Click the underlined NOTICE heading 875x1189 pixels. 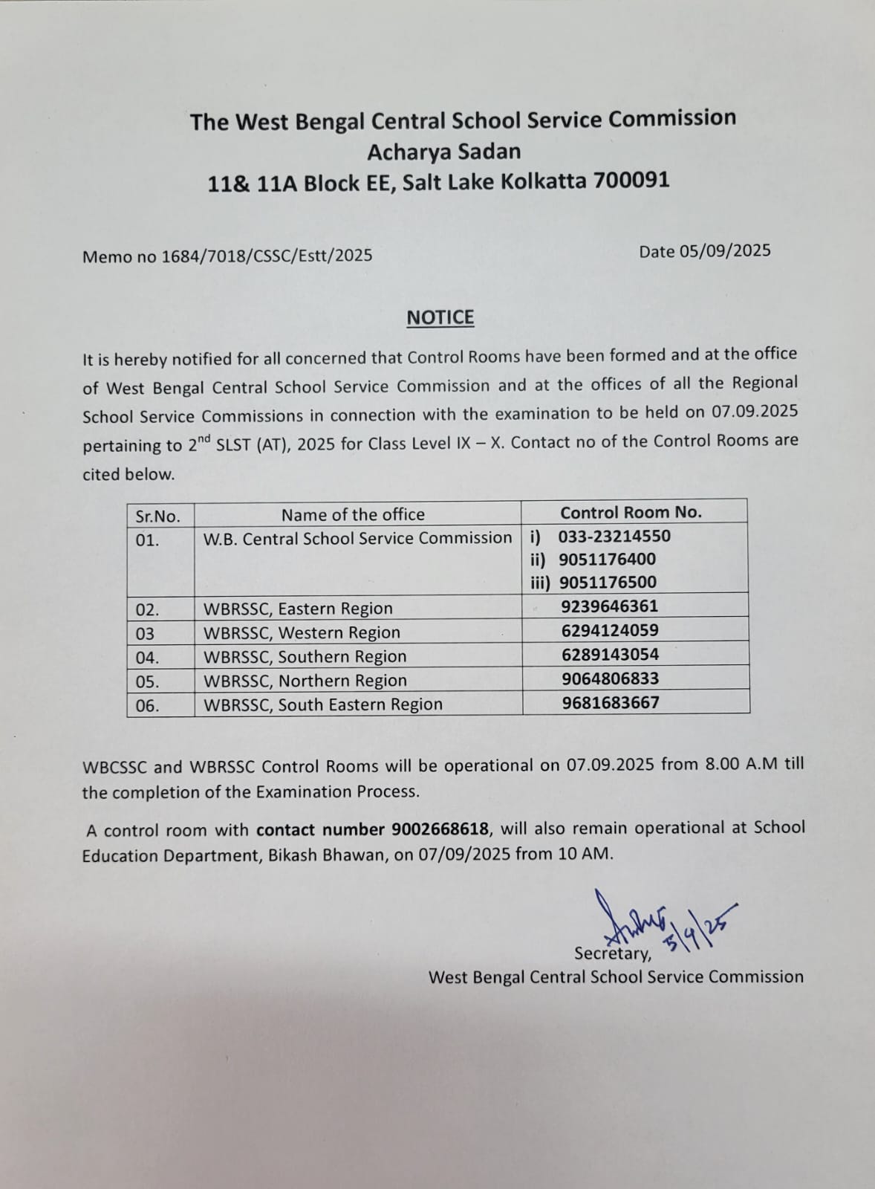click(x=440, y=318)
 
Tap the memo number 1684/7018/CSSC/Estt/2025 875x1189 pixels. click(x=267, y=256)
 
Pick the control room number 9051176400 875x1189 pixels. click(x=608, y=560)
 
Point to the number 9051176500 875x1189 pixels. click(x=608, y=583)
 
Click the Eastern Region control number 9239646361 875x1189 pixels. click(x=610, y=606)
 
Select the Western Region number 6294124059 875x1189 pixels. click(x=610, y=631)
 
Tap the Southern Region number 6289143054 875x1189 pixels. click(x=610, y=655)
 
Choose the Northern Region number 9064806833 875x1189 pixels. click(x=610, y=678)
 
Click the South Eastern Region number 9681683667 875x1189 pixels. click(x=611, y=702)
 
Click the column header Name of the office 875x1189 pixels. click(x=353, y=514)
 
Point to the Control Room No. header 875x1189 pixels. click(x=631, y=512)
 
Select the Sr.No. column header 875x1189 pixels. click(x=157, y=516)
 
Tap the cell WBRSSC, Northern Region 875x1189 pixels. click(x=305, y=681)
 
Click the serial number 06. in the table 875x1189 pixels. click(x=147, y=706)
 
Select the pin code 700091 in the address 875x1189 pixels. click(x=631, y=181)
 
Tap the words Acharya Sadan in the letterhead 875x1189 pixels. click(x=443, y=152)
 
